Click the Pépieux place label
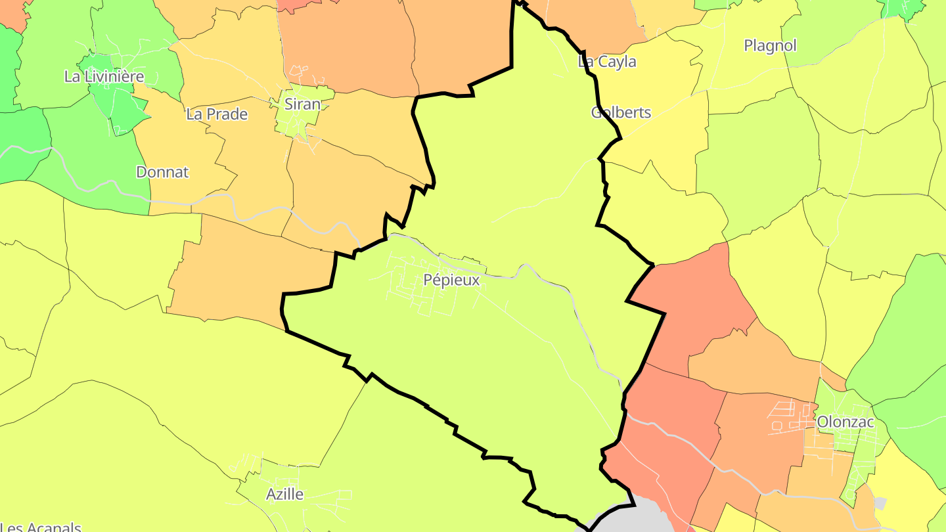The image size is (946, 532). (x=451, y=280)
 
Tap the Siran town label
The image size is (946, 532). (x=302, y=104)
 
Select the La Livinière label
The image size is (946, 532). (x=104, y=76)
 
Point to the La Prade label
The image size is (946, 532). (x=217, y=114)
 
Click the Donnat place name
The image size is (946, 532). (x=162, y=172)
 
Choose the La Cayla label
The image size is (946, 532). (x=607, y=62)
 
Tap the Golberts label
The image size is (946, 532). (x=621, y=112)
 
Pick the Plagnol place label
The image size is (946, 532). (x=770, y=45)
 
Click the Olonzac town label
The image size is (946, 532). (x=845, y=422)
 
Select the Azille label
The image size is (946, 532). (x=284, y=494)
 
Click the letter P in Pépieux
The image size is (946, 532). (x=428, y=280)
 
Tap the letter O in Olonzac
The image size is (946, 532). (x=822, y=422)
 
